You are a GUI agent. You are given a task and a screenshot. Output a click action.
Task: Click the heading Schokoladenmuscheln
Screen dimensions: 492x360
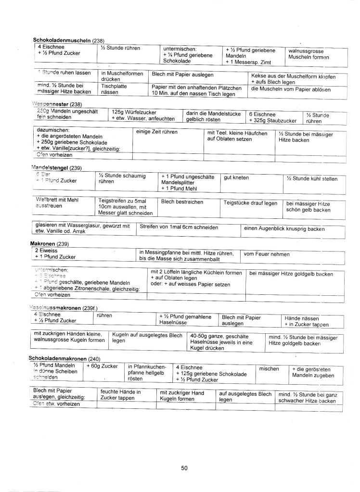62,40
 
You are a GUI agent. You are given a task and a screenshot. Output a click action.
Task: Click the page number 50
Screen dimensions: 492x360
184,468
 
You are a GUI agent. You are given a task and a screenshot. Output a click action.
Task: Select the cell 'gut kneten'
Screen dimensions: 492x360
237,178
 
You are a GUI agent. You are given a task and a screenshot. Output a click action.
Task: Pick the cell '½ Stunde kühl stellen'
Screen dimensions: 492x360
311,179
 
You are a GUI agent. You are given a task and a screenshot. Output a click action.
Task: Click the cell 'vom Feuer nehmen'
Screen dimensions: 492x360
266,254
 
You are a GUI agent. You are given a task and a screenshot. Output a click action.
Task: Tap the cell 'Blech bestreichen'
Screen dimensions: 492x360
182,202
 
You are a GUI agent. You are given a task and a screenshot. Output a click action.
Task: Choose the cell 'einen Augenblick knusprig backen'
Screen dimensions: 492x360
284,228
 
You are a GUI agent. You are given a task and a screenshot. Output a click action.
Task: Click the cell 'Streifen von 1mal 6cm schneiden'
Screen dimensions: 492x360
179,227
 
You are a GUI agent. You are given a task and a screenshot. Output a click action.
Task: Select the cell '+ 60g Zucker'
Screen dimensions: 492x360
103,366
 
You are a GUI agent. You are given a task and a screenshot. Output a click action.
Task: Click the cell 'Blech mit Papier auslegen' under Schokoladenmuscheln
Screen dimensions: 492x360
183,75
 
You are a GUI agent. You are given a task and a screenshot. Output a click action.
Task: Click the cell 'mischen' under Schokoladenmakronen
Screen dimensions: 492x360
269,369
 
